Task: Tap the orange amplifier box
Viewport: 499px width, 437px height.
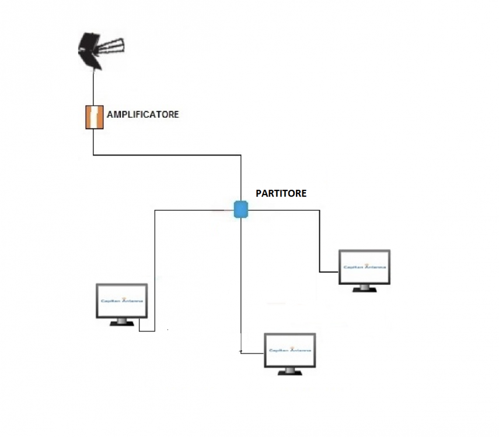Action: (x=94, y=117)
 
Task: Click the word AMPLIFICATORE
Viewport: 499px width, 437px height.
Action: (x=142, y=114)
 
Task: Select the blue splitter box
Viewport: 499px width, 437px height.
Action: (x=241, y=209)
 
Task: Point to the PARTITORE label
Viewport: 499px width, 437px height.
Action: (x=281, y=193)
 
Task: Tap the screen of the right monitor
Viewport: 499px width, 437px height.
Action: (x=365, y=267)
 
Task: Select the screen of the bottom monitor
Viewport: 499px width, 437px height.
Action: (x=289, y=350)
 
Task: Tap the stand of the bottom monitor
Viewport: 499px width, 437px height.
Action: (x=289, y=372)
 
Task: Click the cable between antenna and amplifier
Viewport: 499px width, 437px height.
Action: (x=93, y=87)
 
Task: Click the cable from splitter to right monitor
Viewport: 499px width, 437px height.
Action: (x=320, y=239)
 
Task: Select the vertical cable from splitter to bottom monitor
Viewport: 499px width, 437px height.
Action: (x=240, y=280)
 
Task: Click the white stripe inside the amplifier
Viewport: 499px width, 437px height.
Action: (x=94, y=117)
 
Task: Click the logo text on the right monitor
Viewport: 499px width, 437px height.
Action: (x=365, y=267)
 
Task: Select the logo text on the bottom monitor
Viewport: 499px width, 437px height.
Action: (x=289, y=350)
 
